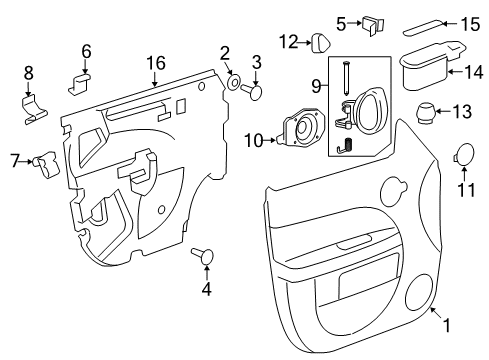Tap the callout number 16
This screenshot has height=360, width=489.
click(155, 63)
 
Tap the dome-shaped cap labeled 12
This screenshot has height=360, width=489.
click(319, 42)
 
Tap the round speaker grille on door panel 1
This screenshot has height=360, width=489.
click(421, 292)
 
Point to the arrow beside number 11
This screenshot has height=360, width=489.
click(465, 170)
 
